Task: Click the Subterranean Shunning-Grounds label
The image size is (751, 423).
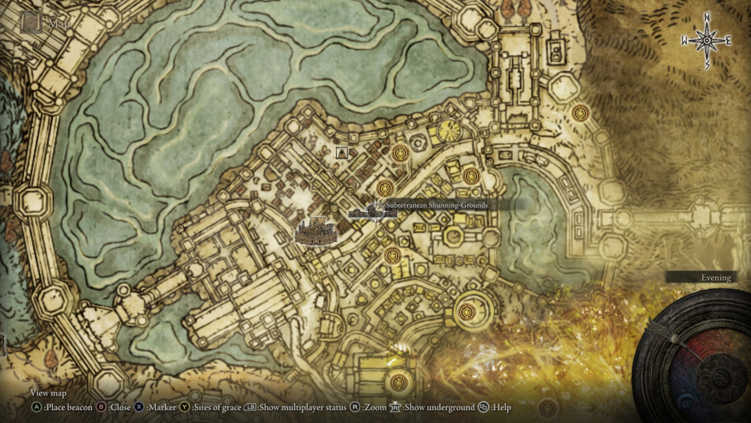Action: click(x=437, y=205)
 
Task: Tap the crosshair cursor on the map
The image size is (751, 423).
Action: click(x=375, y=211)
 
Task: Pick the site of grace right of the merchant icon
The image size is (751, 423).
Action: click(x=400, y=153)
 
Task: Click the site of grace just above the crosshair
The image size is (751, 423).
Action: click(x=385, y=188)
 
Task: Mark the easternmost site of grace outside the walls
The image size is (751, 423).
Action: click(x=580, y=112)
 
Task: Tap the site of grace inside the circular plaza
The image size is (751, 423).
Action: click(x=466, y=311)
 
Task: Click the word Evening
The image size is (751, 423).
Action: click(x=716, y=278)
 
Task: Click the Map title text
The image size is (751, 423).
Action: click(x=59, y=24)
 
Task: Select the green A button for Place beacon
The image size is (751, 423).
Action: click(x=36, y=407)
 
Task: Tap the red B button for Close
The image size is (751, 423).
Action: click(x=101, y=407)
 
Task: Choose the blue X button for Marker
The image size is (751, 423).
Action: click(x=139, y=407)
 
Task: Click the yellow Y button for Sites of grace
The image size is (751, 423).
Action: click(x=185, y=407)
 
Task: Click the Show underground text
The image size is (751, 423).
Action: click(x=439, y=407)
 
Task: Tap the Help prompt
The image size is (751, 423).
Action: click(x=500, y=407)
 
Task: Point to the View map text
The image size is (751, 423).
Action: click(x=48, y=393)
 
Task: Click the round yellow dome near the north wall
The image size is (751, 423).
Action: click(x=449, y=131)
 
